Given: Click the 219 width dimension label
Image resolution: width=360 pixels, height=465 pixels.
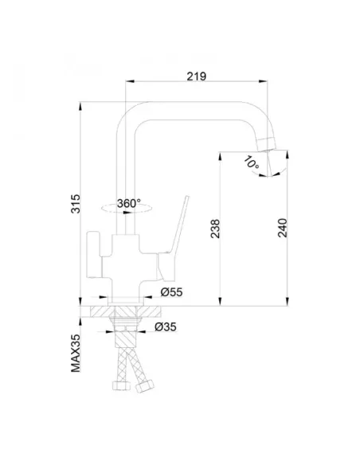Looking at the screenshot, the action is tap(196, 76).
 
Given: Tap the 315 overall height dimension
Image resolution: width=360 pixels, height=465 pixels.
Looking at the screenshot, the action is tap(76, 204).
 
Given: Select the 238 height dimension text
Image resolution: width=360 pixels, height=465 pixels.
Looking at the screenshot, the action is tap(215, 229).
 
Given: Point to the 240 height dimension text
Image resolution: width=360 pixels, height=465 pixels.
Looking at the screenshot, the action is tap(283, 228).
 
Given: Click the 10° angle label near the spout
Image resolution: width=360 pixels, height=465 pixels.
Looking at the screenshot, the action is tap(251, 162).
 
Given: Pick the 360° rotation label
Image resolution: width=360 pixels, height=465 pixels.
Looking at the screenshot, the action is tap(129, 204).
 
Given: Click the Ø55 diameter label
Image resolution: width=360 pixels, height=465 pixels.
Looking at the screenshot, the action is tap(172, 292).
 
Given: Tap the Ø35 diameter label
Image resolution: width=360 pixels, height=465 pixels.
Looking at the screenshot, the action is tap(166, 326).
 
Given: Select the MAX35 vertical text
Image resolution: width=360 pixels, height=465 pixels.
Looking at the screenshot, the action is tap(76, 354).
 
